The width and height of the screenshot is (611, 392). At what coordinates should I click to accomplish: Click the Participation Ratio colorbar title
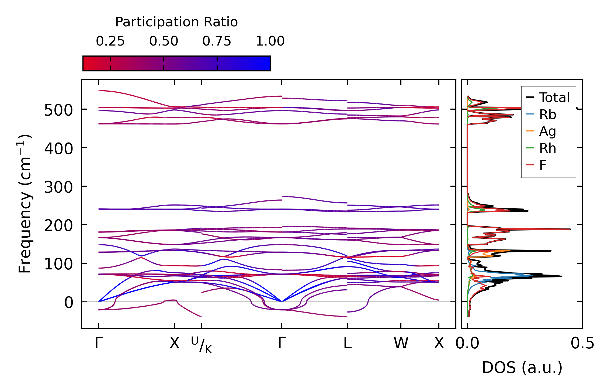point(176,22)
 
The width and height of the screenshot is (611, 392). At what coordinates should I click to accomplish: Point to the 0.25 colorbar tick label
point(110,41)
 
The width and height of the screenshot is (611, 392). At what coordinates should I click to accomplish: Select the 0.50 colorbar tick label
point(164,41)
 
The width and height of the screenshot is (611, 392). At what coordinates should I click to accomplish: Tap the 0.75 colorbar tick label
point(217,41)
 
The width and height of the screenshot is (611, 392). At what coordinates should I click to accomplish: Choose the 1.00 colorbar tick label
point(270,41)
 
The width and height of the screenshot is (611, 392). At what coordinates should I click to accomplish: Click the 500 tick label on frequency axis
point(58,110)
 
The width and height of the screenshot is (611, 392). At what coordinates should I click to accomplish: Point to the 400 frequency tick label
point(58,149)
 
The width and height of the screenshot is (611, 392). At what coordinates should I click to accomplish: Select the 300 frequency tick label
point(58,188)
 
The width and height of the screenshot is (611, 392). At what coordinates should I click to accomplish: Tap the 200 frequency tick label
point(58,226)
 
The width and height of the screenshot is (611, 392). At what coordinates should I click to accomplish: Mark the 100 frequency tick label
point(58,264)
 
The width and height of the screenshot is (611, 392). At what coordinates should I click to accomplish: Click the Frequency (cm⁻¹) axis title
point(25,204)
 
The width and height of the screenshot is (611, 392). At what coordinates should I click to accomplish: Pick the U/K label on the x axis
point(202,345)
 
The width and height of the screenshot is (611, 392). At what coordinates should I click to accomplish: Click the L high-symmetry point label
point(347,344)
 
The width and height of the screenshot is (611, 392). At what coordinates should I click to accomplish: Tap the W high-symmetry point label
point(401,344)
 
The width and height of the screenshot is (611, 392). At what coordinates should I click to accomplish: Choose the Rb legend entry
point(547,115)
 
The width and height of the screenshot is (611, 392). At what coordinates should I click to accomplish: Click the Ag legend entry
point(547,131)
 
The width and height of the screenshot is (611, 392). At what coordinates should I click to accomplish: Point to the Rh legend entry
point(547,148)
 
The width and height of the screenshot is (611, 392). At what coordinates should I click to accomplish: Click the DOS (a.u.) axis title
point(522,368)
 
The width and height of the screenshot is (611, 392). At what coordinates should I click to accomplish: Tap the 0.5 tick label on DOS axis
point(582,344)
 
